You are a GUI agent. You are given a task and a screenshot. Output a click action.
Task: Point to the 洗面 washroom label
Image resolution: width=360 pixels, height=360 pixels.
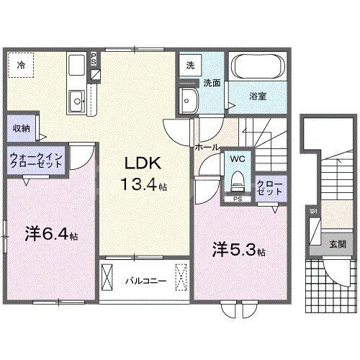(x=210, y=83)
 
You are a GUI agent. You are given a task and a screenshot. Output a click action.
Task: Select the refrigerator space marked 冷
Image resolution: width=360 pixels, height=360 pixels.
(x=21, y=66)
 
